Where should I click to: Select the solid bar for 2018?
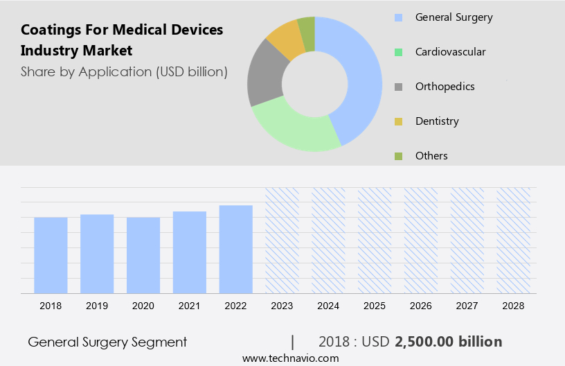click(51, 255)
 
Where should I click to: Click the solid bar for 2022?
click(235, 249)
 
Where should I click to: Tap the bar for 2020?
click(143, 255)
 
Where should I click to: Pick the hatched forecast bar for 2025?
click(375, 240)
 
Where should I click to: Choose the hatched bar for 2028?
click(513, 240)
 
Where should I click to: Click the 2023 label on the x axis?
click(282, 306)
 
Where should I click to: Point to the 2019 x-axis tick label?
click(97, 306)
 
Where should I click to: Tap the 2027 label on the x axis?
click(467, 306)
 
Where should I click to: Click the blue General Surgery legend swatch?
click(398, 17)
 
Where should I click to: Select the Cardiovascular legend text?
click(450, 52)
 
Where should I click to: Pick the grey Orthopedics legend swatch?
click(398, 87)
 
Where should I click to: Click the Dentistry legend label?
click(437, 121)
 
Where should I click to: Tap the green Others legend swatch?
click(398, 156)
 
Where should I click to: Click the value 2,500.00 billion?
click(448, 342)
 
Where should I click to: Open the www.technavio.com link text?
click(290, 358)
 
